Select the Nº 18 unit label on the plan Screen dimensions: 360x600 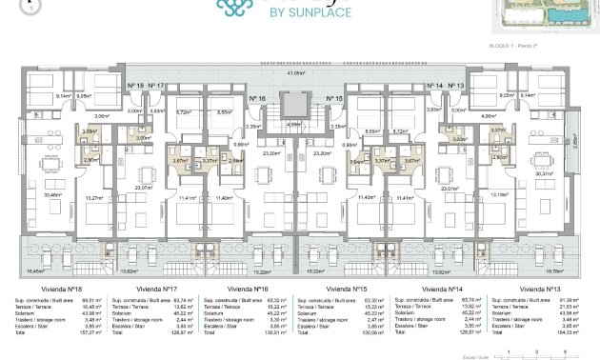(x=135, y=86)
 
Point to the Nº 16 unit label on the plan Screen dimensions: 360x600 (x=256, y=98)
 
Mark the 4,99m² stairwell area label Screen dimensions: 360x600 (x=295, y=123)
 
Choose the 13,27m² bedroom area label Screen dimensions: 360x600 (x=93, y=197)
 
